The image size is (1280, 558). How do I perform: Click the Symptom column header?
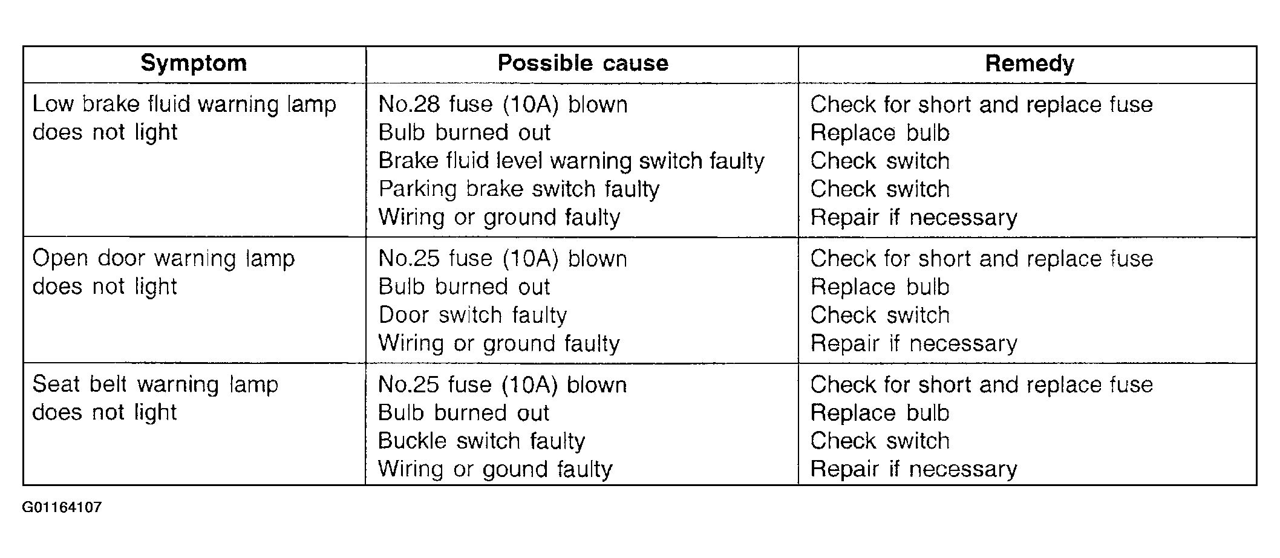pyautogui.click(x=194, y=63)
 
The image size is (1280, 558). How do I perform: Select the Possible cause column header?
pyautogui.click(x=583, y=63)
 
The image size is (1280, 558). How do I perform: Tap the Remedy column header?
pyautogui.click(x=1029, y=63)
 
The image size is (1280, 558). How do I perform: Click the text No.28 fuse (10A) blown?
pyautogui.click(x=503, y=105)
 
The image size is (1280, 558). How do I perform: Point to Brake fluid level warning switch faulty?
pyautogui.click(x=571, y=161)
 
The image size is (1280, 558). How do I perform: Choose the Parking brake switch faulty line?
pyautogui.click(x=518, y=189)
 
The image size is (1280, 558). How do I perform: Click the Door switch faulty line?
pyautogui.click(x=472, y=315)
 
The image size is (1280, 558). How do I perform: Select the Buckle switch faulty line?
pyautogui.click(x=481, y=441)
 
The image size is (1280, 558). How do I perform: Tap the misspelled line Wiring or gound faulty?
pyautogui.click(x=495, y=469)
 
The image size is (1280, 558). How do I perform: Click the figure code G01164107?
pyautogui.click(x=62, y=507)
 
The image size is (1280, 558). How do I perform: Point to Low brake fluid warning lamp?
pyautogui.click(x=184, y=105)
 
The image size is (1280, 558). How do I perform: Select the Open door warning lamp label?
pyautogui.click(x=163, y=259)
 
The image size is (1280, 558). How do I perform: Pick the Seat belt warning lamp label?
pyautogui.click(x=155, y=384)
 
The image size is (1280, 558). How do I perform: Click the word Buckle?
pyautogui.click(x=412, y=441)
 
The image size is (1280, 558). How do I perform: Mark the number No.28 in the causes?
pyautogui.click(x=409, y=105)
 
